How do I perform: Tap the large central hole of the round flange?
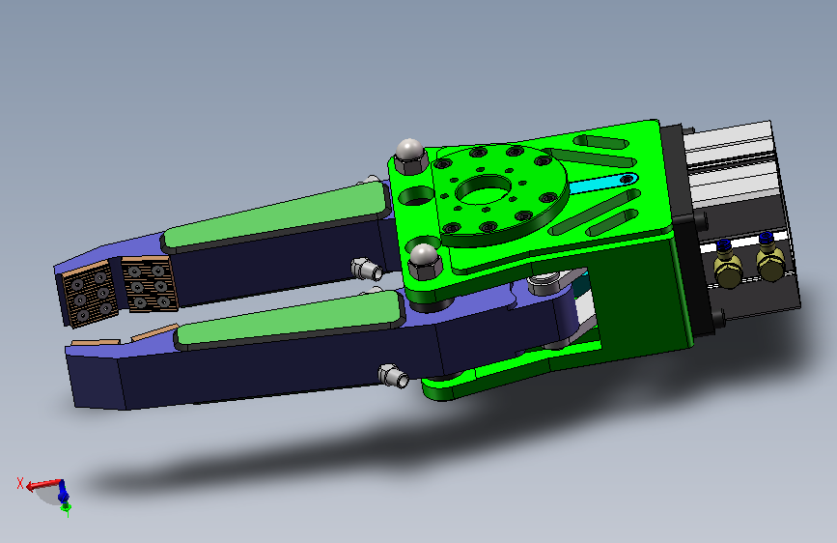click(484, 189)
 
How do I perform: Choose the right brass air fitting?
click(770, 258)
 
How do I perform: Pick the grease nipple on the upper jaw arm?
click(367, 269)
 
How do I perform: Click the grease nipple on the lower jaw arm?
click(394, 375)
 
